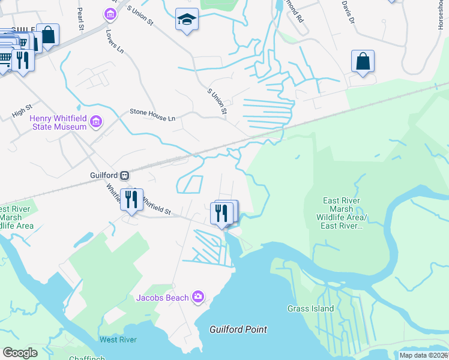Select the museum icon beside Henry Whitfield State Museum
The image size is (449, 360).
(95, 124)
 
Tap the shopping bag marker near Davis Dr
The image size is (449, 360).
(363, 61)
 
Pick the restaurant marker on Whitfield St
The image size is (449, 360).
(131, 199)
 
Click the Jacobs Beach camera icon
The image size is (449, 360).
(198, 297)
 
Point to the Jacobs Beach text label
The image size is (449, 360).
(161, 298)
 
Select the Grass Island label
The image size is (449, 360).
(310, 308)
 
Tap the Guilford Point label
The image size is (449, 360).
(238, 329)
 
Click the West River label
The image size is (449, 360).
(118, 340)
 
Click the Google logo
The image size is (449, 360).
(20, 352)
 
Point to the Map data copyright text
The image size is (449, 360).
(423, 355)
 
